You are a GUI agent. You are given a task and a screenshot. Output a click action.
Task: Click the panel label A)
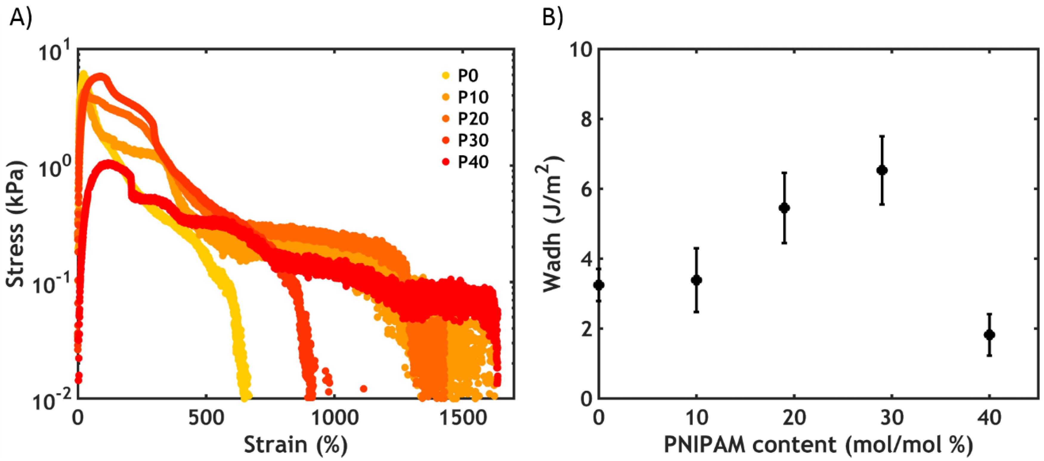click(20, 18)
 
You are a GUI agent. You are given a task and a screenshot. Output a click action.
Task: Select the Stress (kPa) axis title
click(16, 224)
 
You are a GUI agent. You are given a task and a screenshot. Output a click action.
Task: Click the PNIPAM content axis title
click(818, 445)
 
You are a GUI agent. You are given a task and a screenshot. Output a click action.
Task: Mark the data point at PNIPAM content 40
click(989, 335)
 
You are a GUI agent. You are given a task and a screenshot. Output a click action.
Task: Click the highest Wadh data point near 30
click(882, 170)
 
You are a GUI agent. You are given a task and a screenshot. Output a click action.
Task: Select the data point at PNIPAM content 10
click(696, 280)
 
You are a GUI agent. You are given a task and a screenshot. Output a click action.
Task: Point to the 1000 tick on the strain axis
click(335, 418)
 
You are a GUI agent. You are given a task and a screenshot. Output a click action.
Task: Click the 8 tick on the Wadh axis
click(587, 119)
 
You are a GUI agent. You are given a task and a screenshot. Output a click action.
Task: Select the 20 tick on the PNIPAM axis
click(794, 418)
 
